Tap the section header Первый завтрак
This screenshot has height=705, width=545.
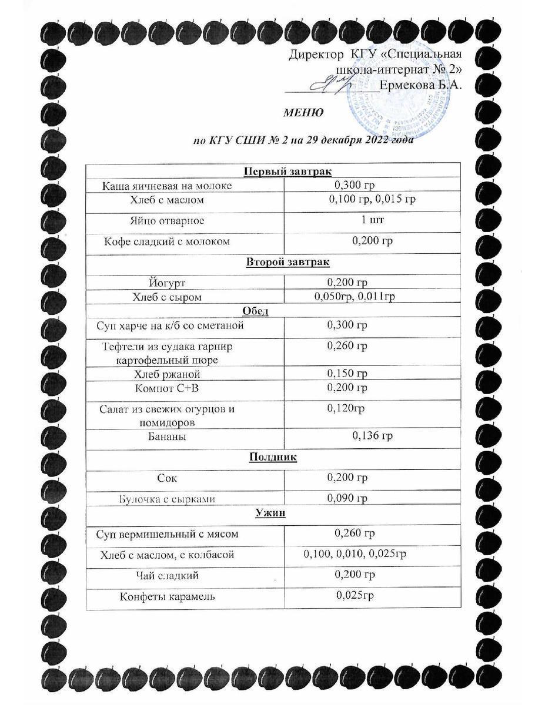[x=288, y=171]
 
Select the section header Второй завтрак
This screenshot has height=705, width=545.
[x=289, y=262]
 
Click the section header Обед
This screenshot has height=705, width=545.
[x=288, y=310]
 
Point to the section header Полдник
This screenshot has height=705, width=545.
[x=273, y=457]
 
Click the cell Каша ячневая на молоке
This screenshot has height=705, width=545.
[x=167, y=186]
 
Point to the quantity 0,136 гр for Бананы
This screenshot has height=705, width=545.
[x=372, y=436]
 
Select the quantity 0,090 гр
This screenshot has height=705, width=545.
[x=347, y=499]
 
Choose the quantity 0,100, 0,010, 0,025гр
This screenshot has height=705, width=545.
[x=356, y=554]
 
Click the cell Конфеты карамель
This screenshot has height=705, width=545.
[x=168, y=597]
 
